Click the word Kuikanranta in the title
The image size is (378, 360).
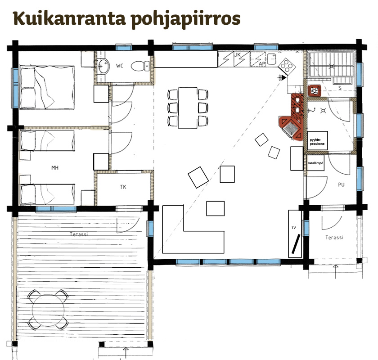point(69,18)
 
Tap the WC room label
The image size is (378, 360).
point(120,66)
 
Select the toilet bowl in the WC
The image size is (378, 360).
point(140,66)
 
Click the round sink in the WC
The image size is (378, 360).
point(103,66)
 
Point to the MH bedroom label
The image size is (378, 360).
point(55,167)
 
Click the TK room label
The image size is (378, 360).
point(123,187)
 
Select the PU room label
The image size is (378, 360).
point(341,184)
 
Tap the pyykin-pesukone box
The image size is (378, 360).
point(318,140)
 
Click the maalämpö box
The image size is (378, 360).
point(315,163)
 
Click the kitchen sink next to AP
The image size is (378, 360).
point(271,59)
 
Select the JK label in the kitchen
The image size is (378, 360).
point(238,55)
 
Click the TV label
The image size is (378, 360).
point(293,228)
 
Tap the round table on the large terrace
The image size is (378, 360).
point(48,310)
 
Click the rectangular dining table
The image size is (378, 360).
point(188,108)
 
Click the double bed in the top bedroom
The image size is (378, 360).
point(47,87)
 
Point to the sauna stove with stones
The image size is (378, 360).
point(315,90)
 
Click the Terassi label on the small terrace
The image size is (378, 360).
point(334,238)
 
